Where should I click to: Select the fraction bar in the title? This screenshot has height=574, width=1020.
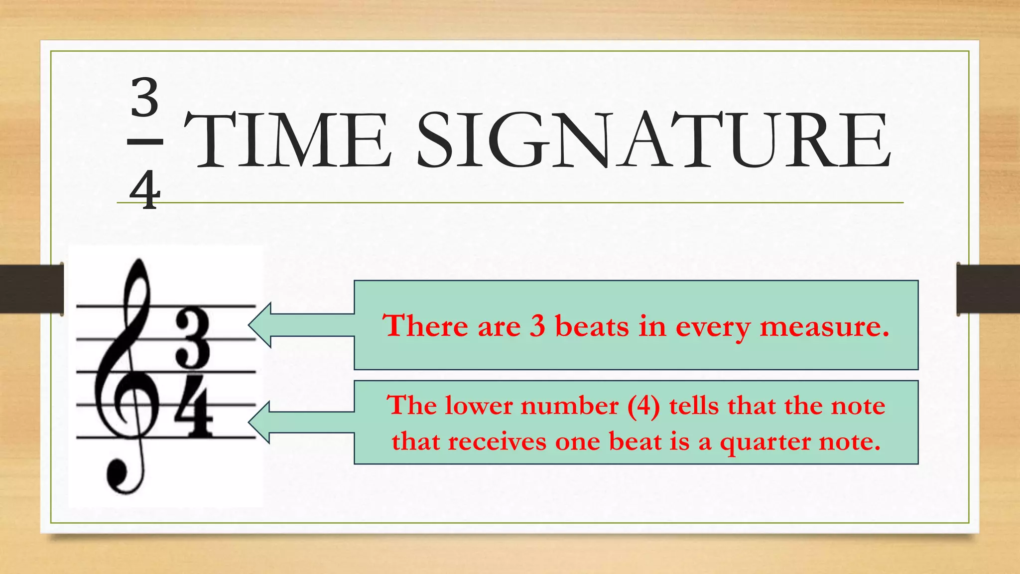click(145, 142)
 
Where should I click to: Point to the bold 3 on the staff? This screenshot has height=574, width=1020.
click(193, 337)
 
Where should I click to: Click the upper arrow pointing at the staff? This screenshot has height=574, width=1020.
click(299, 325)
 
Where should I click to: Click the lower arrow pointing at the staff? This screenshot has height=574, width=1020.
click(299, 422)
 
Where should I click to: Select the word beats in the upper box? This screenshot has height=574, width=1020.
click(592, 326)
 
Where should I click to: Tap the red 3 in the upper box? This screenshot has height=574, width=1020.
click(537, 326)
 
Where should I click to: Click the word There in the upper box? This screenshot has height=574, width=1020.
click(426, 326)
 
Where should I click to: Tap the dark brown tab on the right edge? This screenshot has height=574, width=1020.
click(988, 289)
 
